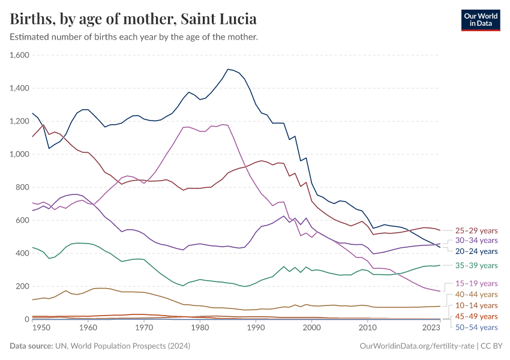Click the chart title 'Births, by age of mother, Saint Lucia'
(133, 19)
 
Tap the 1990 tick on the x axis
(256, 328)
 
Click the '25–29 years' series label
(476, 230)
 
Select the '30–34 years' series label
(476, 241)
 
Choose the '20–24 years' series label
(476, 251)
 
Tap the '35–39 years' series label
(476, 265)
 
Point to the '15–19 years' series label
(476, 283)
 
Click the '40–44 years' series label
(476, 294)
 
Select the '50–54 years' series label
(476, 327)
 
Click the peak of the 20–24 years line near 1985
(228, 69)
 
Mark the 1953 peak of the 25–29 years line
(43, 125)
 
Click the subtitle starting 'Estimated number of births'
(134, 37)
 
